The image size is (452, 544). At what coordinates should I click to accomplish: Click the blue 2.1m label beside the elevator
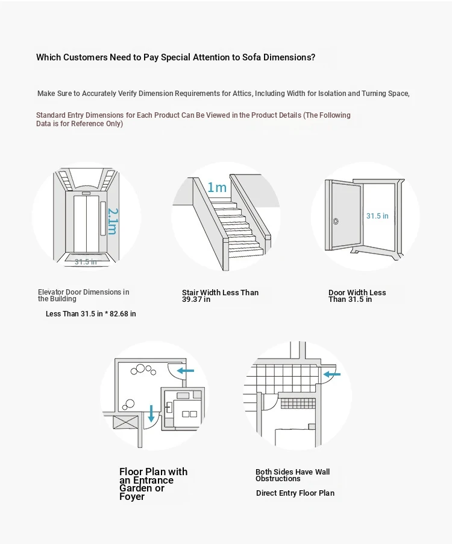click(113, 222)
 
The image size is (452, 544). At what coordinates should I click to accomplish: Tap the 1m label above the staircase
click(217, 187)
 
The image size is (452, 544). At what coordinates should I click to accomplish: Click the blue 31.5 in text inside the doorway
click(377, 216)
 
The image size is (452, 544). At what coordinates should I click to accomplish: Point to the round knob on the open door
click(336, 221)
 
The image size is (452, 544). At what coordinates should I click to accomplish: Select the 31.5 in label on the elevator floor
click(86, 261)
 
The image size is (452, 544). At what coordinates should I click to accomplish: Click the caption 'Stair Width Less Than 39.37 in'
click(220, 296)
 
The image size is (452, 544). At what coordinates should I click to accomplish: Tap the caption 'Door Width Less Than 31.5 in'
click(357, 296)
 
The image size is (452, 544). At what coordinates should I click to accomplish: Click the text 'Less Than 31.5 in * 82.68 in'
click(91, 314)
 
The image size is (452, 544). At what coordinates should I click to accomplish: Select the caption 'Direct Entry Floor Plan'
click(295, 493)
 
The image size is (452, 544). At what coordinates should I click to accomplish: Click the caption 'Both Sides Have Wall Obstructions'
click(292, 475)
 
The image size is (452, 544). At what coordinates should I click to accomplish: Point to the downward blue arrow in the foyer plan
click(151, 413)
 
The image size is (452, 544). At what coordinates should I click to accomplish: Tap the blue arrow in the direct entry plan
click(332, 374)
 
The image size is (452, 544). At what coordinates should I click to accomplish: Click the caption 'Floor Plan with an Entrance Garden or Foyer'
click(153, 484)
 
